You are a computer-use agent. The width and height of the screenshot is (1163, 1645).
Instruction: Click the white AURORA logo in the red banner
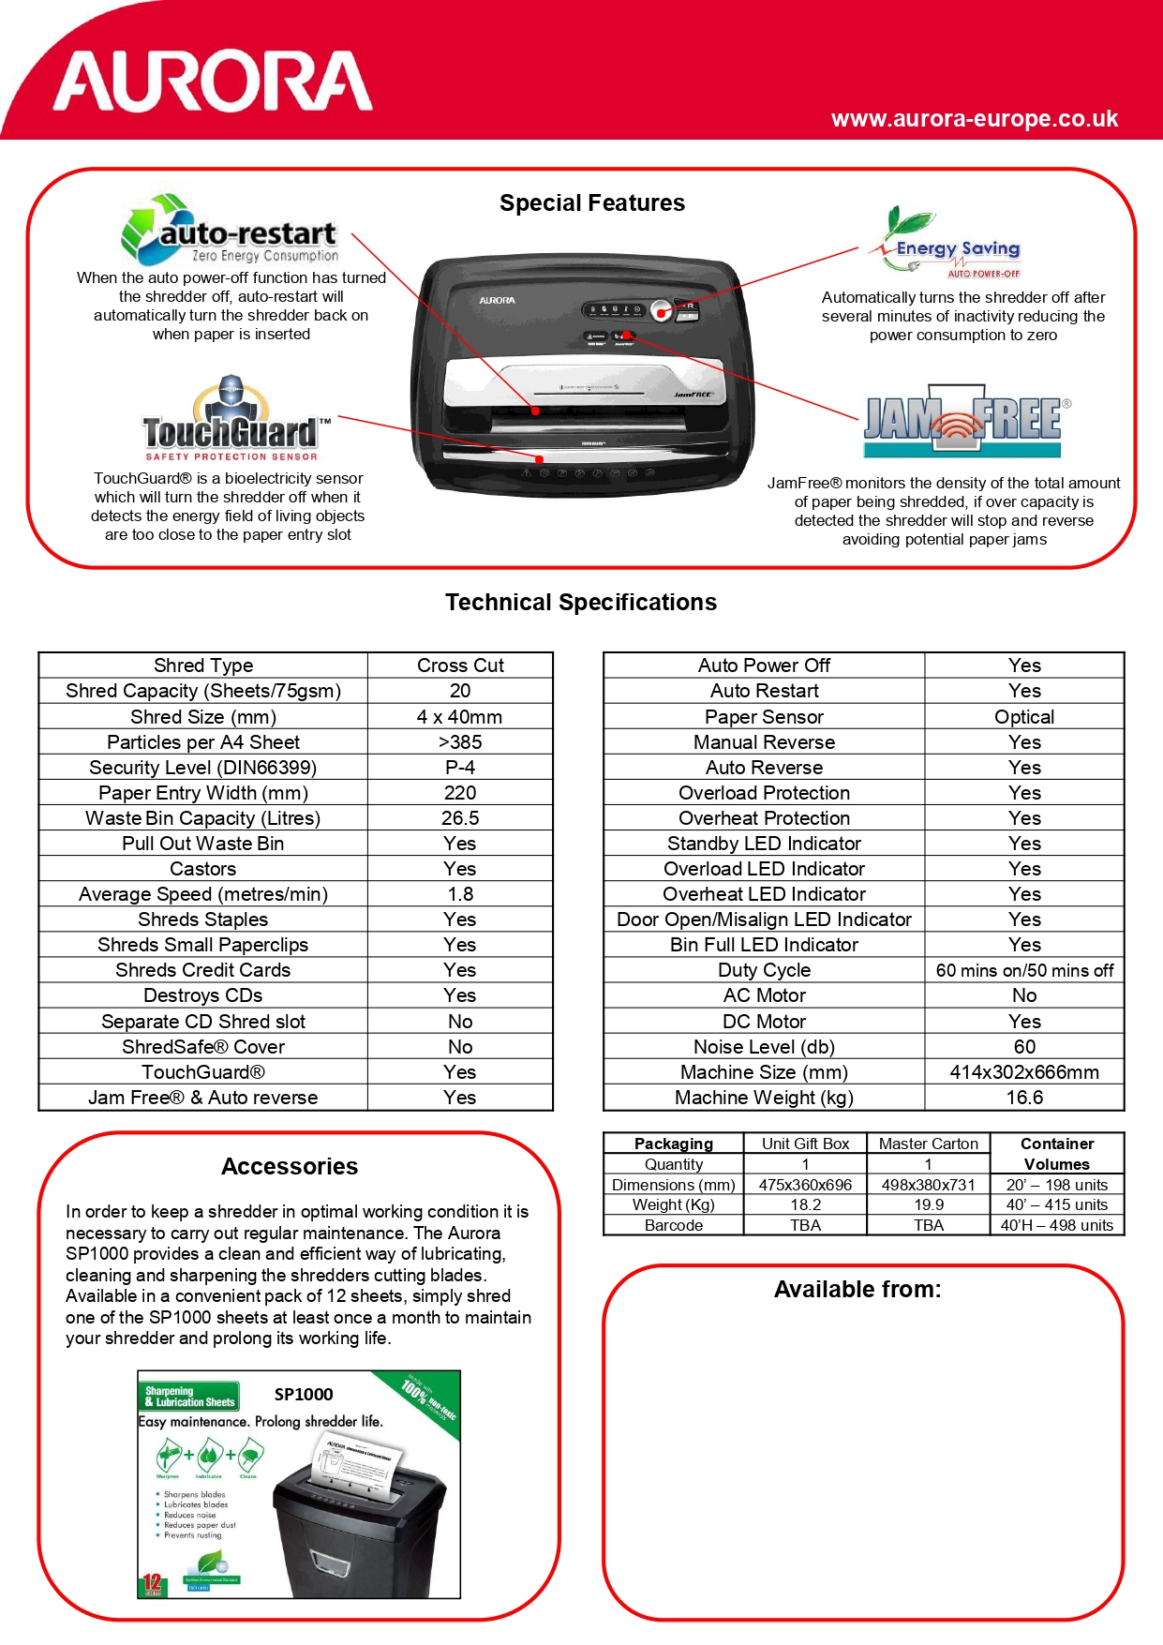214,82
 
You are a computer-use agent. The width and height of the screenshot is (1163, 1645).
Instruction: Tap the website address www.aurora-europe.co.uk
974,119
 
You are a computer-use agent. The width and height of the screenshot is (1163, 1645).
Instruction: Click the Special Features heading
592,203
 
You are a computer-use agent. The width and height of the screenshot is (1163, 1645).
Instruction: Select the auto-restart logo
230,231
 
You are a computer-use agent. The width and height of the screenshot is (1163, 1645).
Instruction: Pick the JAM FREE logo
963,421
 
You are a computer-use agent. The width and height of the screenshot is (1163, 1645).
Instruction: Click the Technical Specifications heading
581,603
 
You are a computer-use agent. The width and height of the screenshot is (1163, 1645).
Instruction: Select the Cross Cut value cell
460,665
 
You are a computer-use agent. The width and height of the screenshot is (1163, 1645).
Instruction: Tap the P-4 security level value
460,768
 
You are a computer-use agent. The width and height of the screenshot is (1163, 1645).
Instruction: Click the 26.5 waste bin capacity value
460,818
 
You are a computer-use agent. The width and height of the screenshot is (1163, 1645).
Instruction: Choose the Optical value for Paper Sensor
1024,717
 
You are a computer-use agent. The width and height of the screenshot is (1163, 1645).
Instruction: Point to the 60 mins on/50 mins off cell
1024,970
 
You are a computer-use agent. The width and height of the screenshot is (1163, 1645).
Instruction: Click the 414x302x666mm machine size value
1024,1072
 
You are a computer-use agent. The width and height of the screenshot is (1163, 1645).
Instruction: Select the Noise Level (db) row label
764,1047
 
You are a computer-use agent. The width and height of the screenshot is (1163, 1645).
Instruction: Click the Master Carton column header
928,1144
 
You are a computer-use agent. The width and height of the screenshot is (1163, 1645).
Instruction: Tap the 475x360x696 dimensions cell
805,1185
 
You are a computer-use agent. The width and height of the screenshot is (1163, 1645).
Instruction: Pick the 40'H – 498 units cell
1057,1225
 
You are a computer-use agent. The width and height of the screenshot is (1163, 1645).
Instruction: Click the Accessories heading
290,1167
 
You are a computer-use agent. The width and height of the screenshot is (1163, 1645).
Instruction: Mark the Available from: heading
857,1290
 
